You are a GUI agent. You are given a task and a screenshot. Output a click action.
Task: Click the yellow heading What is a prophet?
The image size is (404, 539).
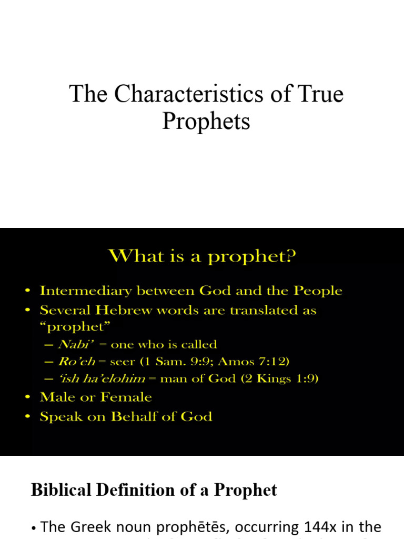click(x=202, y=257)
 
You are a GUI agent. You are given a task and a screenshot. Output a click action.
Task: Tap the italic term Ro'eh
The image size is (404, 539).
click(x=73, y=362)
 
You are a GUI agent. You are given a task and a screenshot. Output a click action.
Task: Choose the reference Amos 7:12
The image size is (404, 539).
click(x=261, y=362)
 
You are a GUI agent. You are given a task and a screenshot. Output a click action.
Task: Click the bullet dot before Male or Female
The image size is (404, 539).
click(x=28, y=398)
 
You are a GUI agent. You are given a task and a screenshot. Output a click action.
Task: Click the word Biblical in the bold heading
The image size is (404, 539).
click(x=62, y=490)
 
